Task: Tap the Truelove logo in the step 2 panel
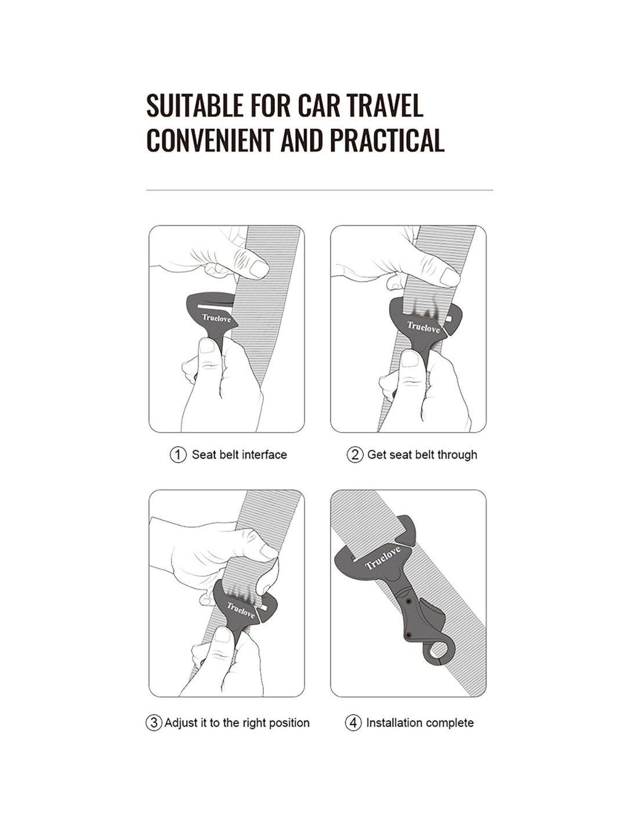(423, 327)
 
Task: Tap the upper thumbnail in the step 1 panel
(259, 269)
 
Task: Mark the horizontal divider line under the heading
(320, 190)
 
